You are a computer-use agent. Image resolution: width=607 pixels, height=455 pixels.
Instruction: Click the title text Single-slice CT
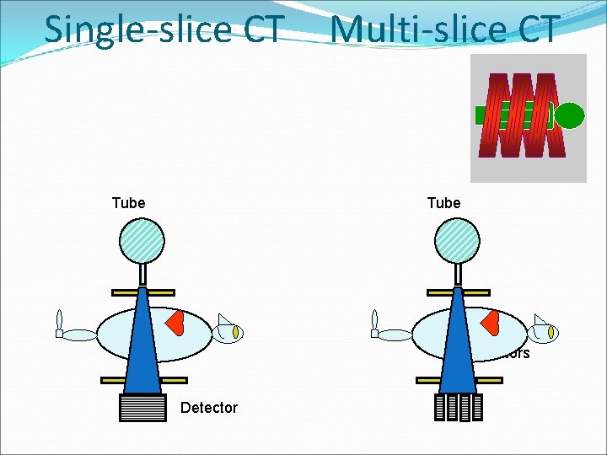click(163, 29)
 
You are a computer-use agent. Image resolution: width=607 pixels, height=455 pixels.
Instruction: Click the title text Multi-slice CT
click(444, 29)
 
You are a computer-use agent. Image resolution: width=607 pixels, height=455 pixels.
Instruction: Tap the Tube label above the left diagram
click(128, 203)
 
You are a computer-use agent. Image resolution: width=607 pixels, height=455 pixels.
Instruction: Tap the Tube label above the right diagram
click(443, 203)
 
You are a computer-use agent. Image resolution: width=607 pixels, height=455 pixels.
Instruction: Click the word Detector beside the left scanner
click(209, 408)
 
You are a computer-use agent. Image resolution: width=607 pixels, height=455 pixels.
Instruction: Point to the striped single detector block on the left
click(143, 407)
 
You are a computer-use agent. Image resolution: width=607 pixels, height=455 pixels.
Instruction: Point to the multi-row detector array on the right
click(458, 407)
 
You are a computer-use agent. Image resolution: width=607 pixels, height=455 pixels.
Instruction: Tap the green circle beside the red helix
click(569, 115)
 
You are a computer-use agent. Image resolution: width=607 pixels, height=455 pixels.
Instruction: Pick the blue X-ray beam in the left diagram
click(142, 345)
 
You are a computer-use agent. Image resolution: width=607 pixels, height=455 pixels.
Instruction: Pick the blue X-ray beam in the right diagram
click(458, 345)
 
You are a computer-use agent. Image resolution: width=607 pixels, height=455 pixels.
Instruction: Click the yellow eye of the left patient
click(237, 334)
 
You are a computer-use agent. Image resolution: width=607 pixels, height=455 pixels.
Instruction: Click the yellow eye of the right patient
click(552, 334)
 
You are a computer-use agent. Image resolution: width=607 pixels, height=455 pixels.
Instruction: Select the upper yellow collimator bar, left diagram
click(142, 292)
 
